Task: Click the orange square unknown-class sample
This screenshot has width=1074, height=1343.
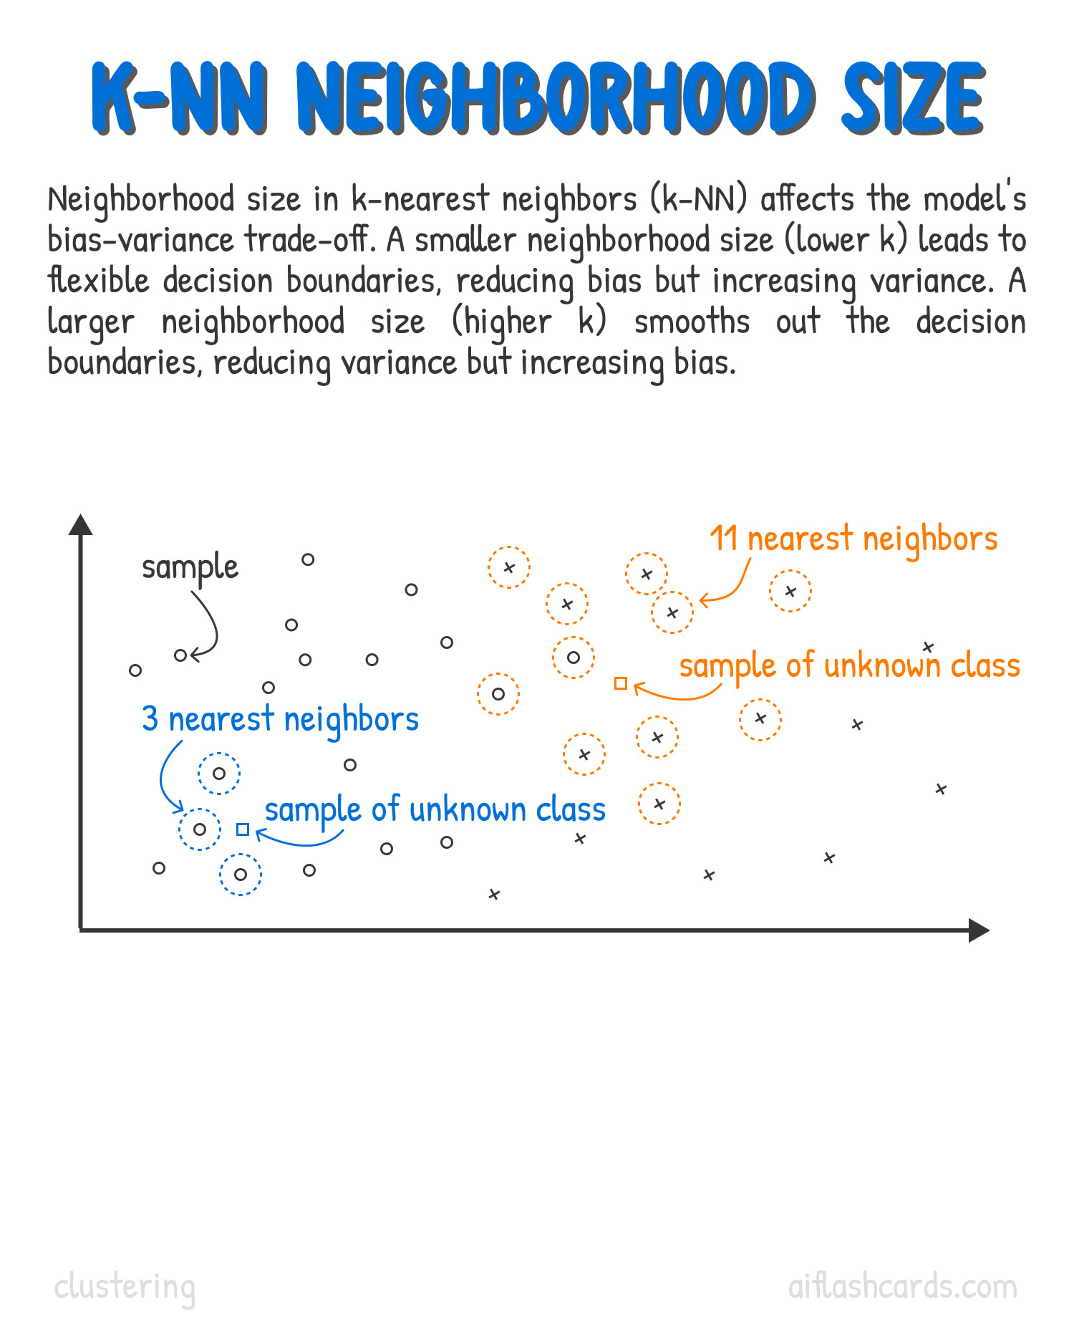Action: coord(621,683)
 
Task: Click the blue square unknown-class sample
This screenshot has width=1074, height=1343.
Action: coord(243,829)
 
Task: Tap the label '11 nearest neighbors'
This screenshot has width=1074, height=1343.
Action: coord(853,539)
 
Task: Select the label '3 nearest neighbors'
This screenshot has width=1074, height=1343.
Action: coord(280,719)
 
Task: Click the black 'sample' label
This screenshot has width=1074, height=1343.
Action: coord(190,568)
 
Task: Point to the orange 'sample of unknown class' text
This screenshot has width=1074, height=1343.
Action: coord(849,666)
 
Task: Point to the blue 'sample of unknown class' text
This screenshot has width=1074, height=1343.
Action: coord(435,810)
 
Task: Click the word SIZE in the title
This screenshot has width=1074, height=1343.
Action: coord(912,99)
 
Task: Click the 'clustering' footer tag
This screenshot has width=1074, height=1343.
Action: coord(125,1287)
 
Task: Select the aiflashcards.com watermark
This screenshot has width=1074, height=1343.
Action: coord(902,1286)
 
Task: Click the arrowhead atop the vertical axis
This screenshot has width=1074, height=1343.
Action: coord(81,524)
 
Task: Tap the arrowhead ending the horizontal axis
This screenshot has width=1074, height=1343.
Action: coord(979,930)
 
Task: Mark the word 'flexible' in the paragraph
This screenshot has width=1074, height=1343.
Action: coord(98,280)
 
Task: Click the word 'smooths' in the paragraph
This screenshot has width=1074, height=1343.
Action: coord(692,321)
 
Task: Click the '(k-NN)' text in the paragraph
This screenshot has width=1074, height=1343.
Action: coord(699,198)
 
